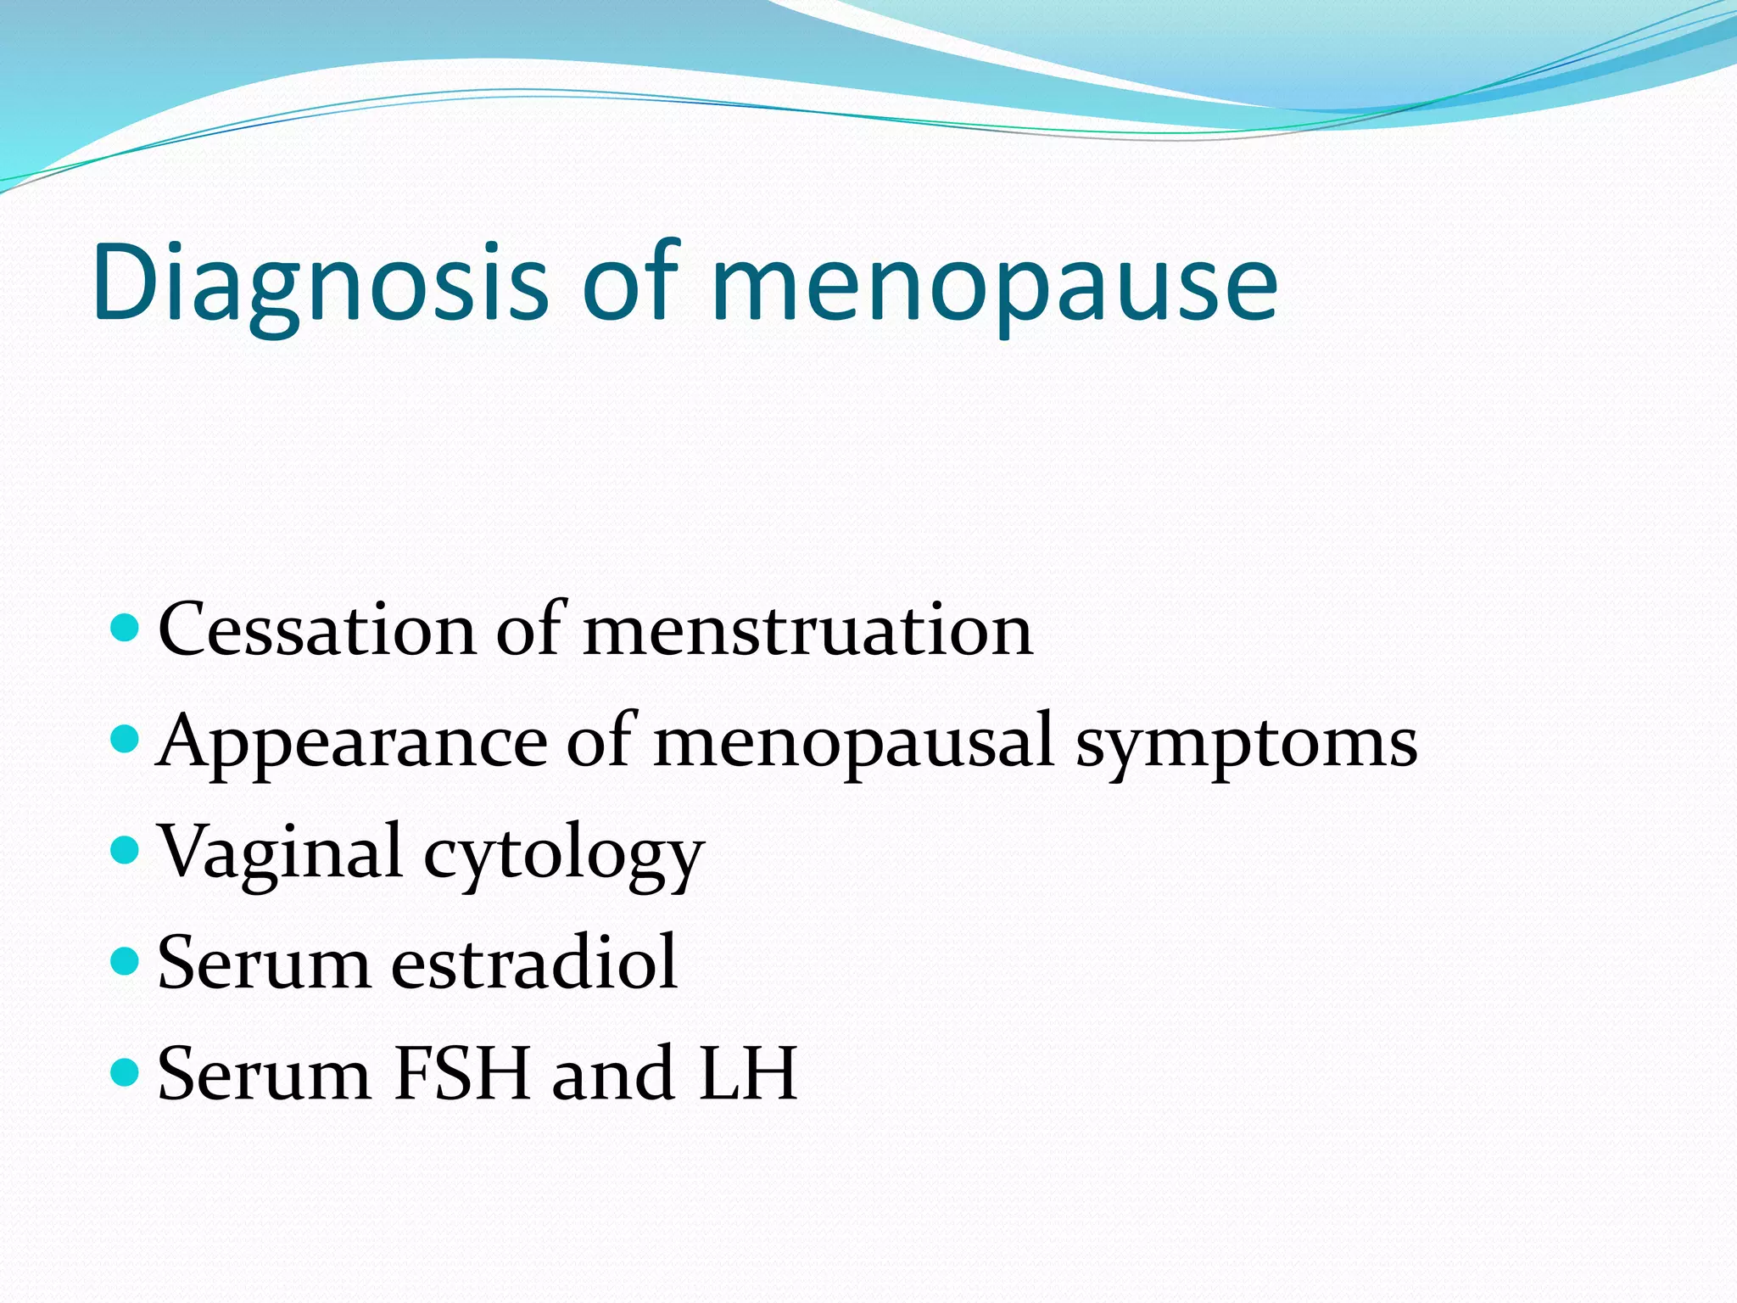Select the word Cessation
tap(316, 629)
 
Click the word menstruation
tap(807, 629)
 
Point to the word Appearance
tap(352, 741)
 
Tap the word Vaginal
tap(281, 853)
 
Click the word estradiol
tap(534, 963)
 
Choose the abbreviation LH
tap(747, 1074)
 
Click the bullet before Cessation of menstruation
tap(124, 629)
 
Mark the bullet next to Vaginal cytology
tap(124, 850)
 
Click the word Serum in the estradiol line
tap(264, 963)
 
